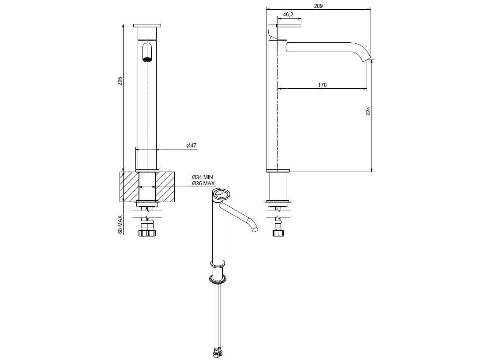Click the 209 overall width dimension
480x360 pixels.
click(319, 6)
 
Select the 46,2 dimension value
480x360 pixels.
click(288, 15)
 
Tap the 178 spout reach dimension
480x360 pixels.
click(322, 85)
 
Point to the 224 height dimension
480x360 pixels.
click(368, 111)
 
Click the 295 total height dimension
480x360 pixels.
click(120, 81)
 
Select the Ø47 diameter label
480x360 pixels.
click(191, 146)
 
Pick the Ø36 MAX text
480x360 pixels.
click(203, 183)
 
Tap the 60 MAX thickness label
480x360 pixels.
click(120, 224)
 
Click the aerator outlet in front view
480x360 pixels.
click(147, 59)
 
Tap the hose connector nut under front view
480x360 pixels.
click(146, 233)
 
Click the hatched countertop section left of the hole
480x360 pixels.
click(129, 187)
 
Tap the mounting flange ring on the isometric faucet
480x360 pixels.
click(218, 278)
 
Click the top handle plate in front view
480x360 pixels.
click(147, 25)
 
